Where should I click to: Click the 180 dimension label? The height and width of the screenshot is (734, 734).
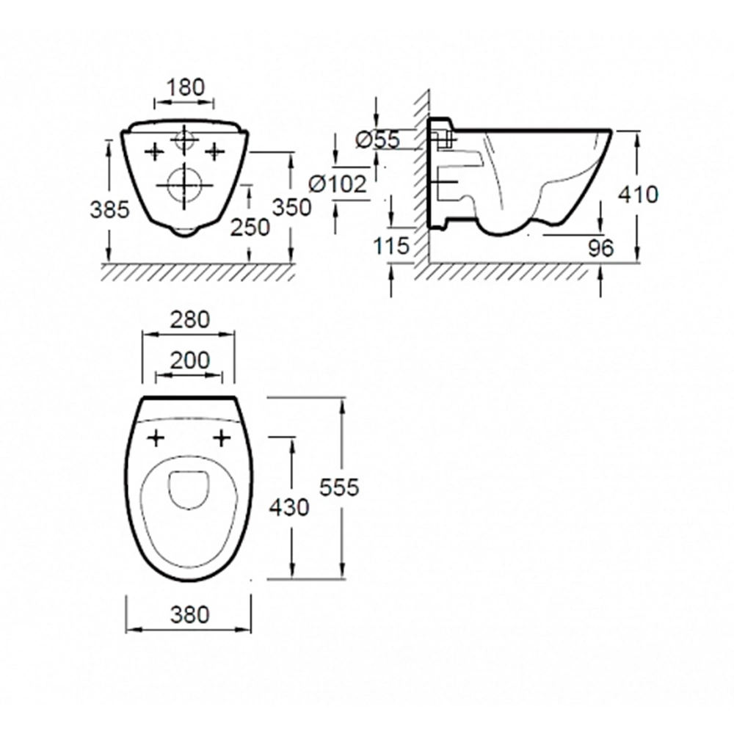(186, 87)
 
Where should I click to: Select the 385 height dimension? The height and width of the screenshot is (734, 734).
(109, 210)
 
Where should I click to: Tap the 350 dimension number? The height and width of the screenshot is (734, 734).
(291, 208)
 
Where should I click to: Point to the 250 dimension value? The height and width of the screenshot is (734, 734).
(250, 228)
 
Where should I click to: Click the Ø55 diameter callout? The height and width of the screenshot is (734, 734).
(378, 139)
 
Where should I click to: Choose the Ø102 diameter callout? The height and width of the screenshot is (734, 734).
(338, 184)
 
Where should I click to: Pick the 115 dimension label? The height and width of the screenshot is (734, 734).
(391, 246)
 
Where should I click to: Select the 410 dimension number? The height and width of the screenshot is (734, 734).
(638, 195)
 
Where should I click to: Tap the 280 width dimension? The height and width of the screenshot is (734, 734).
(189, 320)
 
